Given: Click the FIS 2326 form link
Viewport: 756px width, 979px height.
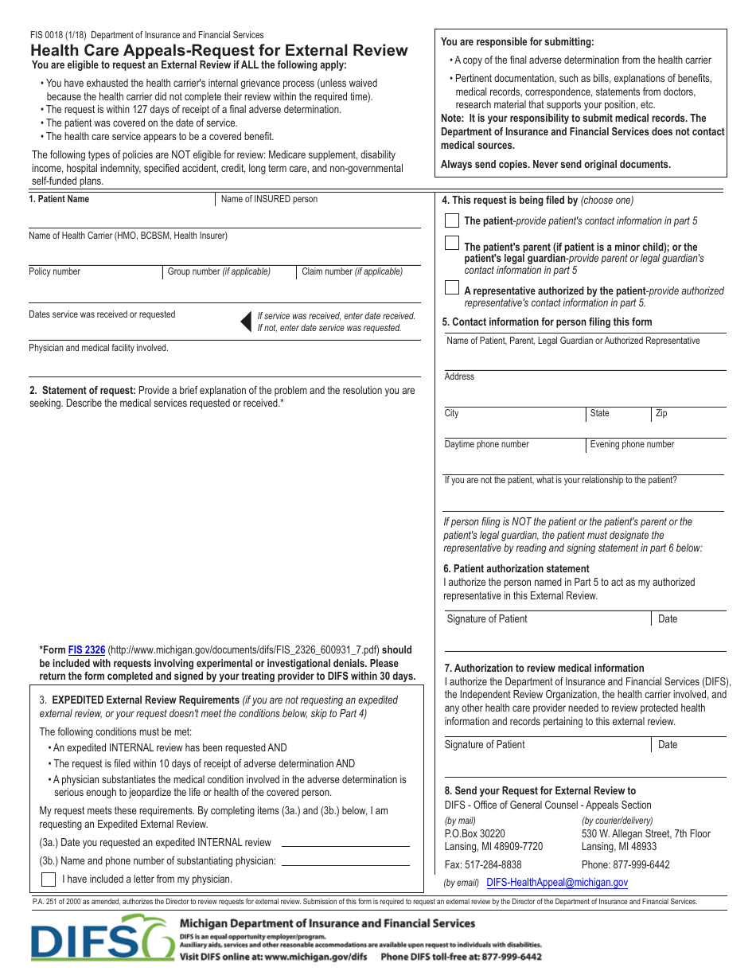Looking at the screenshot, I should click(x=86, y=649).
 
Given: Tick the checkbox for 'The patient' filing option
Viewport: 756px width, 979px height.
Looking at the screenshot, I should click(x=451, y=220).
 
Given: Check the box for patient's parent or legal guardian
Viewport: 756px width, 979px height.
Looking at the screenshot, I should click(x=451, y=243).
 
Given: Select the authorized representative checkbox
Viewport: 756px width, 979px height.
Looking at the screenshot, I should click(x=451, y=287).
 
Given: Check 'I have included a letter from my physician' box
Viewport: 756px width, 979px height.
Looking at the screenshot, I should click(x=49, y=880).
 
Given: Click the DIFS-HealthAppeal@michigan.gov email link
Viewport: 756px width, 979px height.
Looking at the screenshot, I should click(x=556, y=882).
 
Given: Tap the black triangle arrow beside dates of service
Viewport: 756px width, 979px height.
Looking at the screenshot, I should click(x=247, y=321).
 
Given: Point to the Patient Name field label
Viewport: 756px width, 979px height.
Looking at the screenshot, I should click(x=59, y=199).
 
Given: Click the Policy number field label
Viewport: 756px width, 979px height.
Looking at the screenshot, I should click(x=54, y=271).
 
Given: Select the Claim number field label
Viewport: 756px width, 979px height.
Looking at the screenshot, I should click(x=352, y=271).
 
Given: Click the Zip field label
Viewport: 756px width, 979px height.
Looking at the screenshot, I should click(x=661, y=413).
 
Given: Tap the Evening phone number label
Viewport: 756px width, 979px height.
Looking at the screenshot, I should click(x=631, y=444).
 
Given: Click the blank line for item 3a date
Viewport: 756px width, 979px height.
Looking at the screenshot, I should click(x=345, y=843).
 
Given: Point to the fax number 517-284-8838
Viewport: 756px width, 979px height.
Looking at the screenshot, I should click(x=483, y=864).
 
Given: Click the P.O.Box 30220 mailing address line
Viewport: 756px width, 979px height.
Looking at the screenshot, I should click(x=474, y=833).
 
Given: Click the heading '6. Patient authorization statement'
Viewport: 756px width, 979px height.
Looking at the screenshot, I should click(x=516, y=568).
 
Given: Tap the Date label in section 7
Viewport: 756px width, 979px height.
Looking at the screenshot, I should click(x=668, y=744).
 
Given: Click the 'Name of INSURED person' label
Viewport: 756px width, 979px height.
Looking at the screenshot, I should click(x=269, y=199).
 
